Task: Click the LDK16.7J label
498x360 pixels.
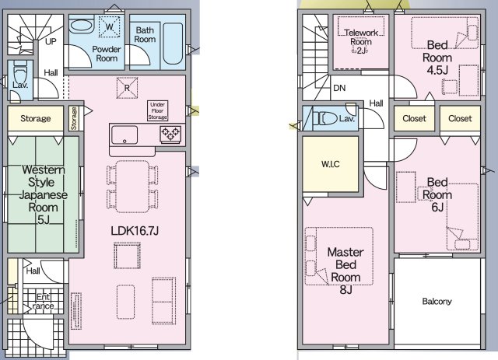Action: coord(135,230)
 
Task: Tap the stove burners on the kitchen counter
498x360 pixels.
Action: coord(170,133)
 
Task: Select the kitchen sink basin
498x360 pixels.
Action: coord(124,135)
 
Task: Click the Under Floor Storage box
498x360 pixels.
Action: coord(157,110)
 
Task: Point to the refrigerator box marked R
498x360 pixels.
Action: coord(127,88)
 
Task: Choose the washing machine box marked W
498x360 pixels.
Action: coord(110,26)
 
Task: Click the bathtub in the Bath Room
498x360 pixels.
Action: coord(173,44)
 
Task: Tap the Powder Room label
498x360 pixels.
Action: coord(107,54)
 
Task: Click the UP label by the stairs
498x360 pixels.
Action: coord(51,41)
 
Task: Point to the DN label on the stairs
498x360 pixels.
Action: coord(339,88)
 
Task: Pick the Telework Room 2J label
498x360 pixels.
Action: coord(361,41)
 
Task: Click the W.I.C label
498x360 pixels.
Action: coord(331,164)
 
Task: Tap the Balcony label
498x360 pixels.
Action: coord(437,301)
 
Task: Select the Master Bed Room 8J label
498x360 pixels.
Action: coord(345,271)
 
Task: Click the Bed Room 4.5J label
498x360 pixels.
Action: coord(437,58)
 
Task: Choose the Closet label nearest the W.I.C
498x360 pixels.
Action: coord(414,119)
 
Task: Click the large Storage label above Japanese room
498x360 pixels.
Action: coord(36,119)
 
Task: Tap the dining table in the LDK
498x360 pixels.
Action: coord(132,187)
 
